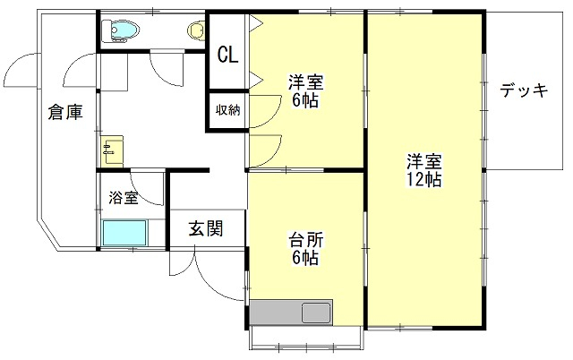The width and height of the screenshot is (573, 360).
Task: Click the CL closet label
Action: (x=227, y=56)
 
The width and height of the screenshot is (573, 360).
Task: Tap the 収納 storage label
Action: (x=228, y=109)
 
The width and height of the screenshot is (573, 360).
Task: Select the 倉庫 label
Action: (x=65, y=112)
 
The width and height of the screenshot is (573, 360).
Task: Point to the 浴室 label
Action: (x=124, y=198)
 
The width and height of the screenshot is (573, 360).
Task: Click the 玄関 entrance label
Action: (x=206, y=228)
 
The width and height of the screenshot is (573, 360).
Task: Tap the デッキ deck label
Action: (x=524, y=90)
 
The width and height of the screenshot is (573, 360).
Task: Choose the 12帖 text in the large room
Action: (x=423, y=179)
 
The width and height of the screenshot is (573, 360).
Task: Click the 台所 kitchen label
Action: (x=306, y=241)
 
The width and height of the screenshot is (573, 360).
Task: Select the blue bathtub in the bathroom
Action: (x=125, y=233)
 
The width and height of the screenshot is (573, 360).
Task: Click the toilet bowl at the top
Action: (x=121, y=30)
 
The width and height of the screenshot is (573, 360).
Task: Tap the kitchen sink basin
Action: (x=316, y=313)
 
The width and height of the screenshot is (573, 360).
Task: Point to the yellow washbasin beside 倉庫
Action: (x=112, y=151)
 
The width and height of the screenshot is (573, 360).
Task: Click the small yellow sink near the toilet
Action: (x=196, y=30)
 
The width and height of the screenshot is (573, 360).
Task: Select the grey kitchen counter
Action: (x=291, y=313)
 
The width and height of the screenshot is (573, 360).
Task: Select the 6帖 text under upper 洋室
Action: (x=305, y=100)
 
